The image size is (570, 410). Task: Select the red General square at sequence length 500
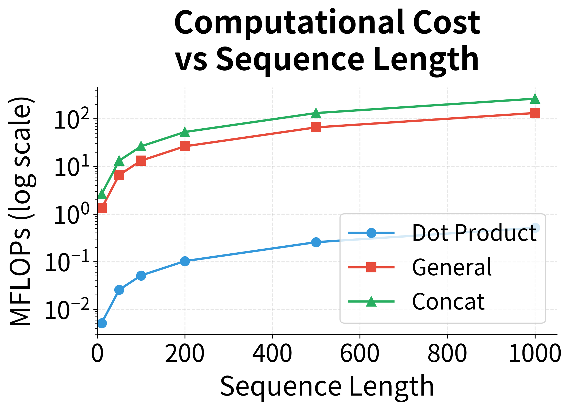click(316, 127)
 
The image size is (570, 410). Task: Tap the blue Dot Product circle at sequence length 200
click(185, 261)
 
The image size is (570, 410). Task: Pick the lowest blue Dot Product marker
click(102, 323)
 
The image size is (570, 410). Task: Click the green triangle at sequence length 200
click(185, 132)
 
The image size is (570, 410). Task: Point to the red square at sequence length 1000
click(535, 113)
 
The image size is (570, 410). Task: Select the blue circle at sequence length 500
click(316, 242)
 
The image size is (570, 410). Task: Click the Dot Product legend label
click(474, 233)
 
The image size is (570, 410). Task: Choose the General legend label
click(451, 267)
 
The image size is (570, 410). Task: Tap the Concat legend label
click(448, 301)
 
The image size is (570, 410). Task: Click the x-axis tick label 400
click(272, 353)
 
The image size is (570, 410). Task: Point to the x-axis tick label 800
click(447, 353)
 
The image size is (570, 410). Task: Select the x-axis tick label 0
click(97, 353)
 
